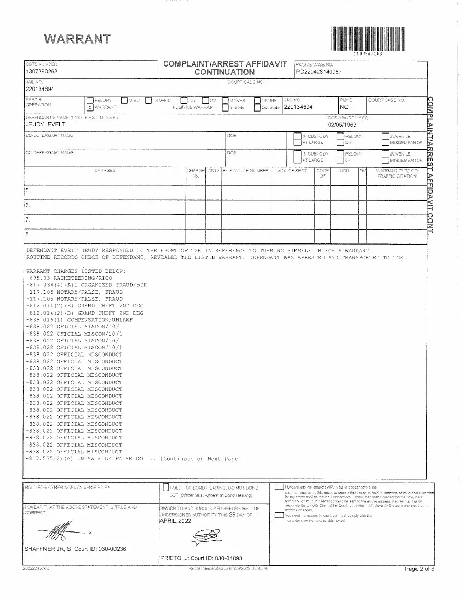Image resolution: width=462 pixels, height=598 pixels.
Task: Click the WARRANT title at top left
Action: [77, 39]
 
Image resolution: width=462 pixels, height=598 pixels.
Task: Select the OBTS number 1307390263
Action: [41, 72]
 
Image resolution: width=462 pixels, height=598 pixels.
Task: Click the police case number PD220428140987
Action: [319, 72]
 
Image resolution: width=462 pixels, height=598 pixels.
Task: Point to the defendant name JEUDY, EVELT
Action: [45, 124]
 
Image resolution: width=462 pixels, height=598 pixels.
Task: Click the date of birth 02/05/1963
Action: [342, 124]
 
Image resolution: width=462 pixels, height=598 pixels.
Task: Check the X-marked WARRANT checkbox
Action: [90, 107]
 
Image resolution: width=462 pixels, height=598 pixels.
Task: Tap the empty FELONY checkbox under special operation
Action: [90, 100]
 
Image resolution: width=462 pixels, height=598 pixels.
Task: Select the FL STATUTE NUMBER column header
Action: [245, 170]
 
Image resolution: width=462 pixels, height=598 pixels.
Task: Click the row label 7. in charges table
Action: [28, 219]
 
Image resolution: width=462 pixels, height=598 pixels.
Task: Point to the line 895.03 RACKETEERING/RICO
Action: [69, 278]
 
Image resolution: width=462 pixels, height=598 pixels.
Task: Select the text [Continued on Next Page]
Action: [200, 459]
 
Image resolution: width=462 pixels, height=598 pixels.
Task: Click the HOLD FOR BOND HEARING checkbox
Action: [166, 488]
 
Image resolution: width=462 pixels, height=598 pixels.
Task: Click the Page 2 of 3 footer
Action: [419, 569]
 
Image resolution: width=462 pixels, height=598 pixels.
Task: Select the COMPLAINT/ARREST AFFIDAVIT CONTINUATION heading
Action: [225, 68]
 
